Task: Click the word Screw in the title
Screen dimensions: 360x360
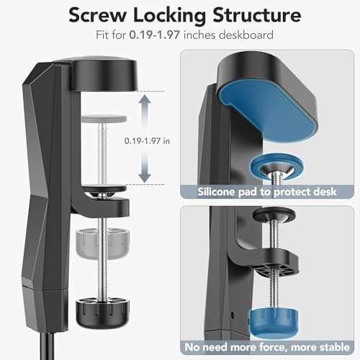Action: point(97,16)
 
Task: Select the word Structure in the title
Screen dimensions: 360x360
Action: point(257,15)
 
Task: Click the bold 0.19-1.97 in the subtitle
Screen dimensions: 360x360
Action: point(155,35)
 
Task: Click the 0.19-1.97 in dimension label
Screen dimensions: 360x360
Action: point(147,141)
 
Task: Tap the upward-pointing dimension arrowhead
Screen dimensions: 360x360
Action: point(145,99)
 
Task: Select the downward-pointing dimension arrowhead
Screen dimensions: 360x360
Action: point(145,178)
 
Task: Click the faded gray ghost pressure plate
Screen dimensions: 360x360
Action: point(104,119)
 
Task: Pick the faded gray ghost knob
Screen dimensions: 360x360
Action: point(103,243)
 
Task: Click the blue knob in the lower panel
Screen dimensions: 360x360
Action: point(274,322)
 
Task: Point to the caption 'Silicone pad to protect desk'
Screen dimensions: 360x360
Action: point(267,192)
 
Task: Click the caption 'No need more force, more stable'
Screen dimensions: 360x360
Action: point(267,347)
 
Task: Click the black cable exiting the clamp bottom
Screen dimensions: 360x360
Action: point(47,346)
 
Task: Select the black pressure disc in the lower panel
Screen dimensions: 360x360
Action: point(274,215)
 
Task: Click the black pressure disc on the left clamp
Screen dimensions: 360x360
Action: point(104,189)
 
